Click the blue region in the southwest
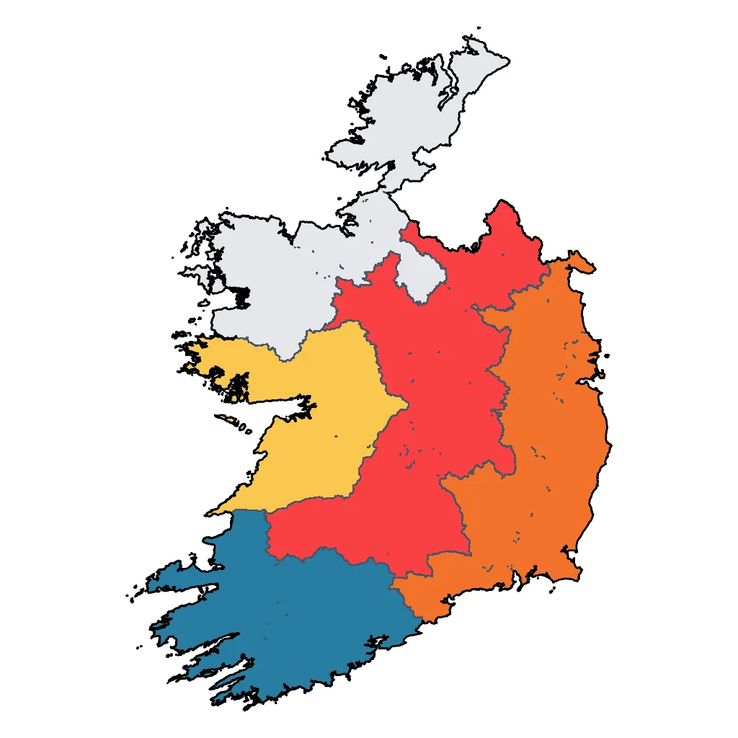click(288, 620)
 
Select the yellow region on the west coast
click(324, 418)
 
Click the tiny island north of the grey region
click(479, 28)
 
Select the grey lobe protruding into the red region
click(422, 277)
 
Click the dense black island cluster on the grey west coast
click(241, 295)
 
